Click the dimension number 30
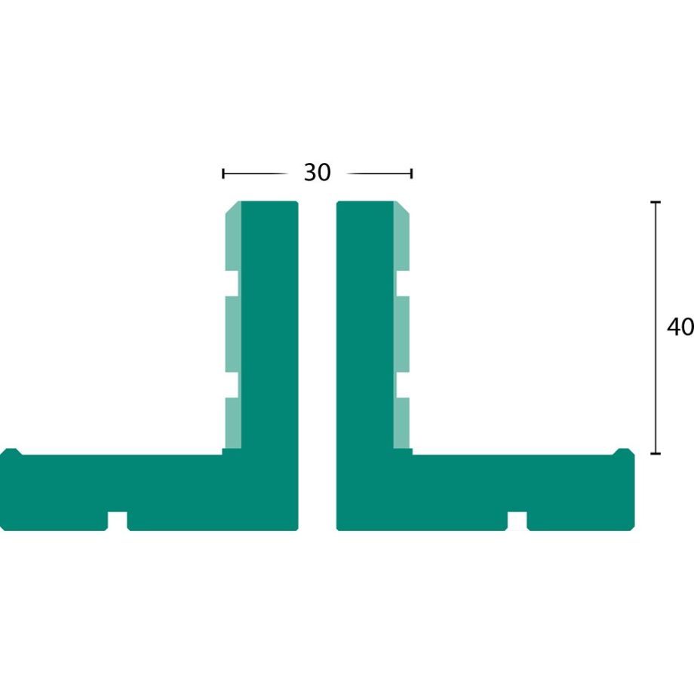[x=317, y=173]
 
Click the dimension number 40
[x=680, y=327]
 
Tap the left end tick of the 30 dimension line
[x=223, y=173]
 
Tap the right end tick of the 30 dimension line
[x=411, y=173]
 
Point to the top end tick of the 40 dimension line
[x=655, y=202]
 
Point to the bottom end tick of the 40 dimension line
[x=655, y=453]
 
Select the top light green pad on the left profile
[x=232, y=238]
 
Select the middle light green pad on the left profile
[x=232, y=334]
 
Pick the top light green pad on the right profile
[x=402, y=238]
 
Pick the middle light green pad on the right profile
[x=402, y=334]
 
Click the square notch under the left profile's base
[x=117, y=521]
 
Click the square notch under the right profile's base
[x=517, y=521]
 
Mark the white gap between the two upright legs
[x=317, y=362]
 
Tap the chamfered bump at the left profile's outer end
[x=10, y=453]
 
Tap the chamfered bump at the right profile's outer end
[x=624, y=453]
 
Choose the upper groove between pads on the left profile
[x=232, y=282]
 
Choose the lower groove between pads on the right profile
[x=402, y=385]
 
